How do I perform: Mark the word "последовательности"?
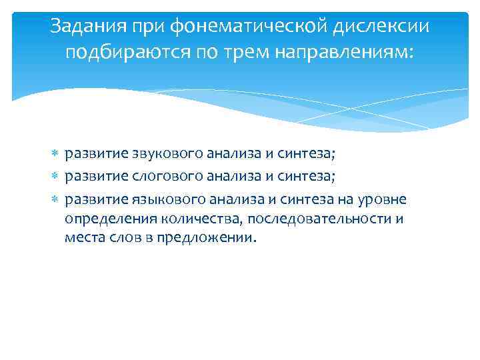(321, 219)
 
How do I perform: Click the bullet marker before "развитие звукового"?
(55, 155)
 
